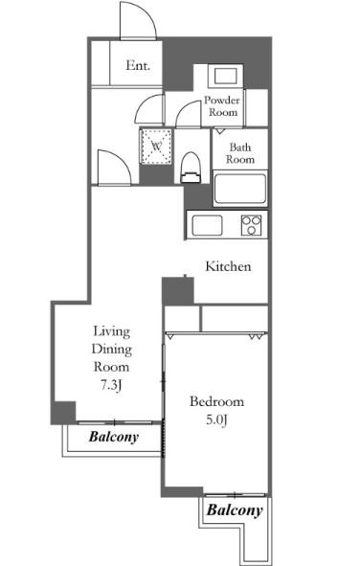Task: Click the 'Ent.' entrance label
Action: click(138, 65)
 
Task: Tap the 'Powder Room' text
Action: click(222, 105)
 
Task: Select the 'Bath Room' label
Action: click(240, 153)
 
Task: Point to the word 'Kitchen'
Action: click(228, 266)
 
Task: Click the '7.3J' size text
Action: click(111, 386)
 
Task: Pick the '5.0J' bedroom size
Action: click(216, 419)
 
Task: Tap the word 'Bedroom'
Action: click(216, 401)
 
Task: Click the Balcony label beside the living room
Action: click(114, 437)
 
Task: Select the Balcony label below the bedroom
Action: click(235, 510)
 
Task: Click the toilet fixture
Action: click(191, 168)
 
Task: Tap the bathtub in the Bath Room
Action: click(240, 189)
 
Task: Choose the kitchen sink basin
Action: click(207, 226)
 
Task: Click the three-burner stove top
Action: click(251, 225)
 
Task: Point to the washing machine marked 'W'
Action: click(157, 147)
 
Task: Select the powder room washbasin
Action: click(225, 77)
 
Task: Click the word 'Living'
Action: click(111, 331)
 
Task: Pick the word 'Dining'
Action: click(111, 350)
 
